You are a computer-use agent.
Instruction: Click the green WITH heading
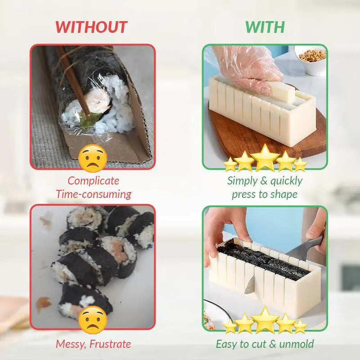pos(265,27)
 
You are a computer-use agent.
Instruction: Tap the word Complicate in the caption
pos(94,181)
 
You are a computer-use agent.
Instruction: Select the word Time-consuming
pos(94,194)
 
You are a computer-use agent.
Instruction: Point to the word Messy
pos(71,344)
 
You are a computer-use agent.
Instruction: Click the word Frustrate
pos(110,344)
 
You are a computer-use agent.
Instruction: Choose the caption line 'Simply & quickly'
pos(265,181)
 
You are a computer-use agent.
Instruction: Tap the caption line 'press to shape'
pos(265,194)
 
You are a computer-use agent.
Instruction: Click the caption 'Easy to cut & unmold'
pos(265,344)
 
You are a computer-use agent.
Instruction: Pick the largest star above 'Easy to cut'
pos(265,319)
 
